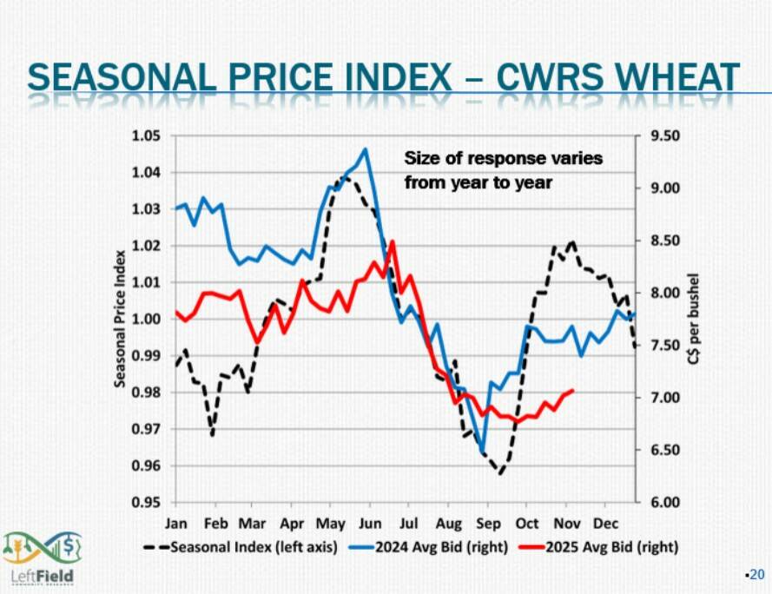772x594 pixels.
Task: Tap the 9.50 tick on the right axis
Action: [663, 136]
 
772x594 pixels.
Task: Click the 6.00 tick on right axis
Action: [663, 502]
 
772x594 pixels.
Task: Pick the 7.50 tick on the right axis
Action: [663, 346]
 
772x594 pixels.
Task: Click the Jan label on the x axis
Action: [177, 525]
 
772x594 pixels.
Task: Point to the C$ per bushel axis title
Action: [695, 320]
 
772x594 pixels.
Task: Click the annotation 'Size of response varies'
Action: [503, 159]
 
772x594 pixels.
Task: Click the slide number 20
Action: [756, 574]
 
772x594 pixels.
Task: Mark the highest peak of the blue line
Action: [365, 148]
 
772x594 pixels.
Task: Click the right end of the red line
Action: [572, 391]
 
